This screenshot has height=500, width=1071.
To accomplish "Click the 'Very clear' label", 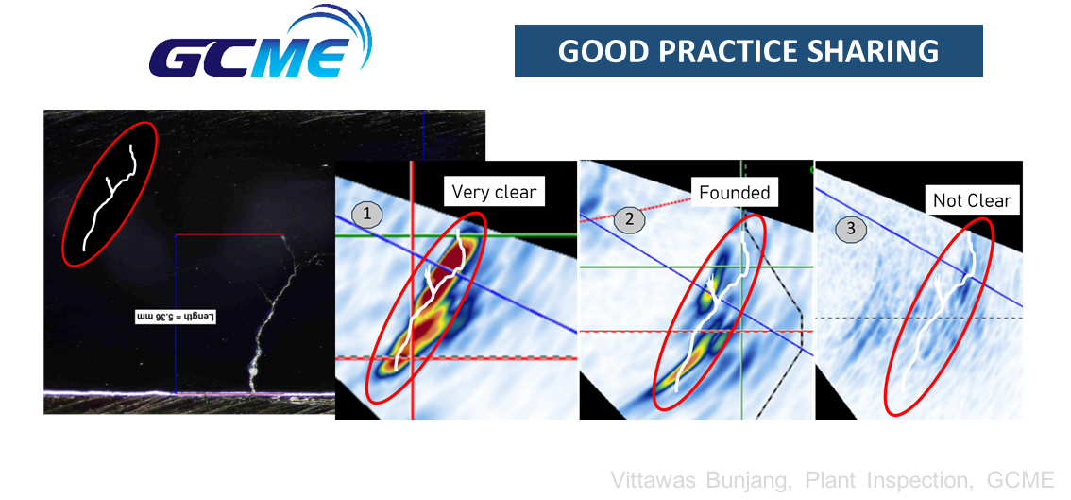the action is (495, 192).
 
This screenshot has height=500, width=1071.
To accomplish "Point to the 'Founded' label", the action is (734, 193).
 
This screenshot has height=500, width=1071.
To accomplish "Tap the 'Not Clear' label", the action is (972, 201).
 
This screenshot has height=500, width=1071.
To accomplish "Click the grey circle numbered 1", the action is (366, 216).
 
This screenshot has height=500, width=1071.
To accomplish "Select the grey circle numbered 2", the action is (629, 219).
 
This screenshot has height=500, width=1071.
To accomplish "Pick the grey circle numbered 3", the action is (850, 229).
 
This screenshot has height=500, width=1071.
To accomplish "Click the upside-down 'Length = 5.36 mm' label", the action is (176, 318).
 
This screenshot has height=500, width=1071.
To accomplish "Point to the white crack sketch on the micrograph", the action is (110, 197).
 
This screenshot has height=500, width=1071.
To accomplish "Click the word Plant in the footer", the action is (829, 479).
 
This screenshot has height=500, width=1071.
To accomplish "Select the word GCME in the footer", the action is (1021, 479).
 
